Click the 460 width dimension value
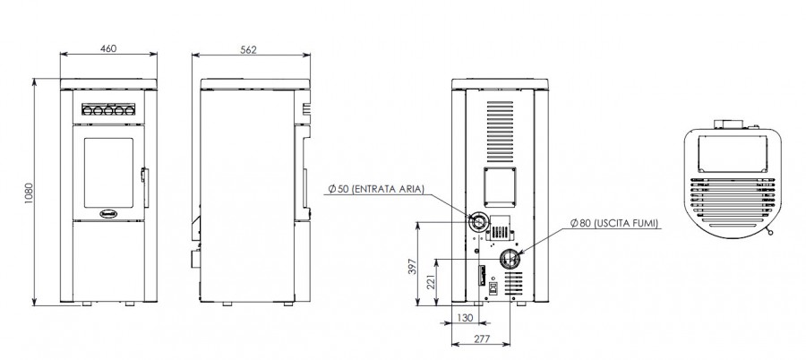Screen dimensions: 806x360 [x=108, y=48]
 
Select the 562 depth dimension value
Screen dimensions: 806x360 [x=248, y=49]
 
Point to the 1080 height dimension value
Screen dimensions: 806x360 [x=29, y=193]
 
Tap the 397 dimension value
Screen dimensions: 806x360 [x=412, y=266]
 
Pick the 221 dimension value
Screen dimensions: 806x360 [x=432, y=282]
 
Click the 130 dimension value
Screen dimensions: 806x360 [x=465, y=318]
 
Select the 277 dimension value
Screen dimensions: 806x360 [x=481, y=339]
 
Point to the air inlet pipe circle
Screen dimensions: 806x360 [x=478, y=223]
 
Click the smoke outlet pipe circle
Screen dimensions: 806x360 [x=510, y=259]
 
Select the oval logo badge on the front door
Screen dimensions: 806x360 [x=108, y=213]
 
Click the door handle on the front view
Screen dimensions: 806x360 [x=145, y=188]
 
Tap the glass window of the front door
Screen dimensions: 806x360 [x=108, y=173]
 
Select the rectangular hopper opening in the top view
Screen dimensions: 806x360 [x=733, y=154]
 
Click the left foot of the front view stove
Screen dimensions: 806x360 [x=87, y=304]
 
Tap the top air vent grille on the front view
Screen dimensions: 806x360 [x=108, y=109]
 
